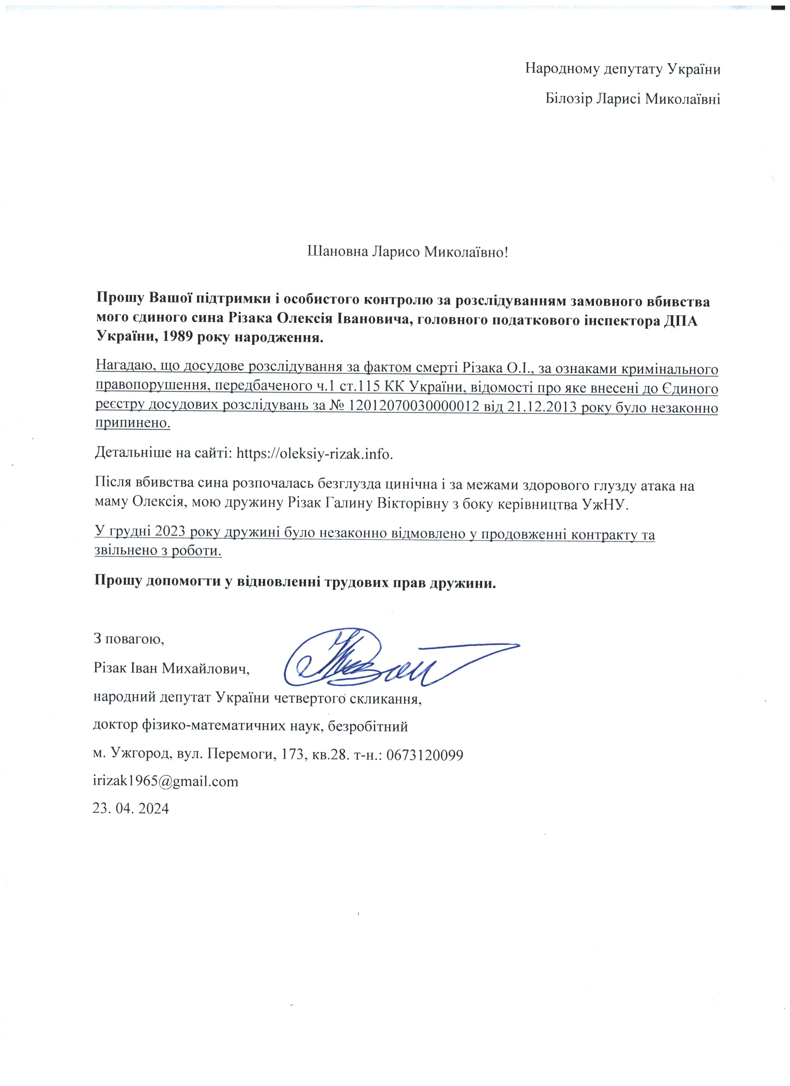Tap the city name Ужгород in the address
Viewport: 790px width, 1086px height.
[x=141, y=755]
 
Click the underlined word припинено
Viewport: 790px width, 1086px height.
[x=133, y=423]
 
